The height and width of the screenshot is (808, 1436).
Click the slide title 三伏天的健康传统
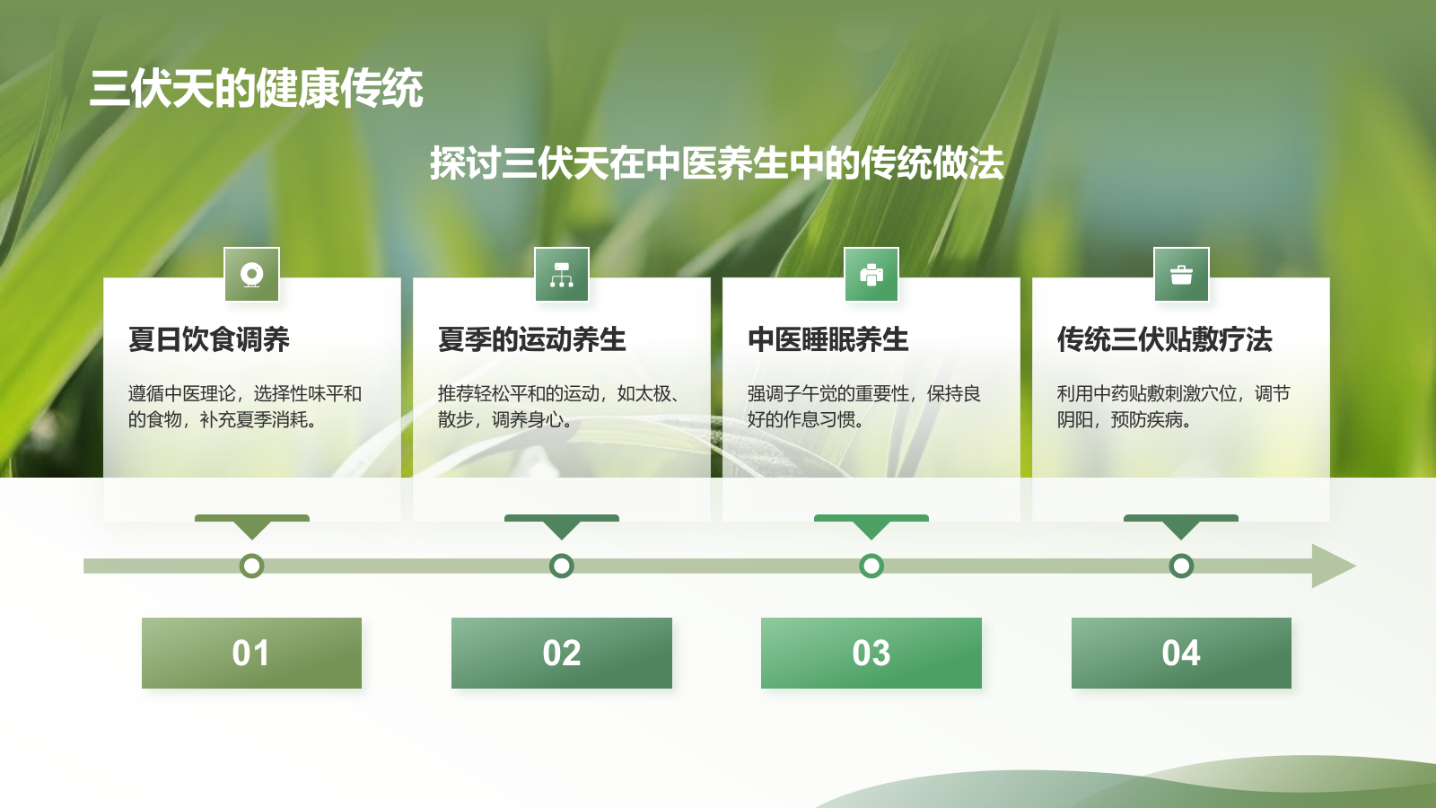pos(257,89)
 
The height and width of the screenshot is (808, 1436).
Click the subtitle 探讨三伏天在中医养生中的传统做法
pos(716,163)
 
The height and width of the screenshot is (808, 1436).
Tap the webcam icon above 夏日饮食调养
pos(252,275)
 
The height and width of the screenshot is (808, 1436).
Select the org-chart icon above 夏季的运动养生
pos(562,275)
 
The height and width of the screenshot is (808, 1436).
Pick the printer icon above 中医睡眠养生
pos(871,275)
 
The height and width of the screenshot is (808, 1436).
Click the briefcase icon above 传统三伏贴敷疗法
pos(1181,275)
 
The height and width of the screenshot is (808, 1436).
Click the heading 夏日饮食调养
pos(209,339)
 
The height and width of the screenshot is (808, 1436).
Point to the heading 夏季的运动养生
pos(531,339)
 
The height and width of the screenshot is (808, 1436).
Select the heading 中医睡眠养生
pos(827,339)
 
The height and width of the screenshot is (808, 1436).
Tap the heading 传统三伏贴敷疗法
pos(1164,339)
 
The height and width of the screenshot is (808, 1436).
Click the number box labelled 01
pos(251,653)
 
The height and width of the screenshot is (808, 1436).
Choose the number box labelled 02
pos(562,653)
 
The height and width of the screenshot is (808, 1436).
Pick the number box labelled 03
pos(871,653)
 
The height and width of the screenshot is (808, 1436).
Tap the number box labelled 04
pos(1181,653)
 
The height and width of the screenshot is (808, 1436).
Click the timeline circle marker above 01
pos(252,566)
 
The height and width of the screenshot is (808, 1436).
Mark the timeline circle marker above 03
pos(871,566)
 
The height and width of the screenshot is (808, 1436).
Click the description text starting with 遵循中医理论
pos(244,406)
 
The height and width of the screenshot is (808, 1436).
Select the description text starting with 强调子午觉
pos(863,406)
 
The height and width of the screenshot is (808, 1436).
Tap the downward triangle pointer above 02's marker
pos(562,528)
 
